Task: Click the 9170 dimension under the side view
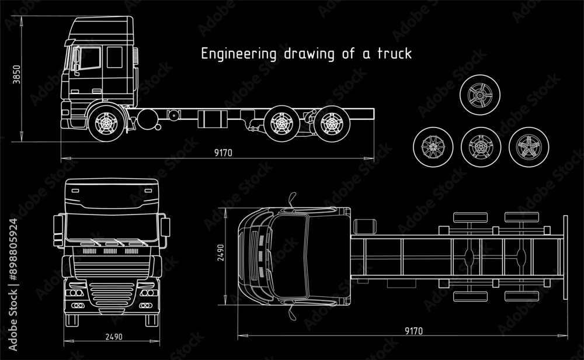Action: pyautogui.click(x=223, y=153)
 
